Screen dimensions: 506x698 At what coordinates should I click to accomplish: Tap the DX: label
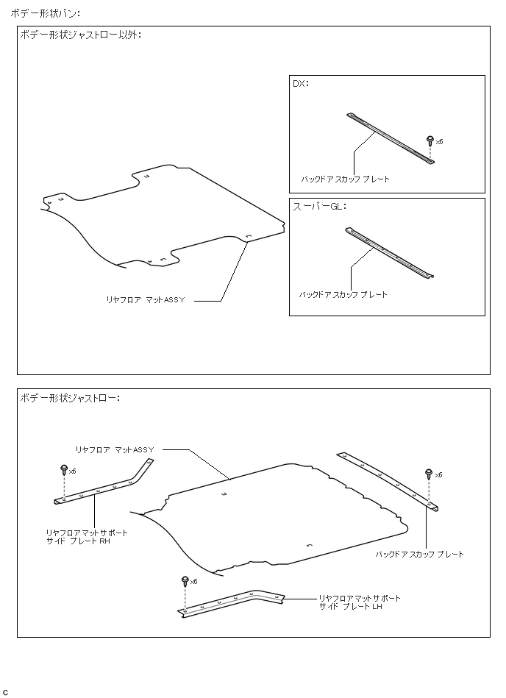click(301, 84)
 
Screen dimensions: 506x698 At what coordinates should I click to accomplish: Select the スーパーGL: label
click(319, 207)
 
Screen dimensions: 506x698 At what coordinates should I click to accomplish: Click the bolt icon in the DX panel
click(430, 140)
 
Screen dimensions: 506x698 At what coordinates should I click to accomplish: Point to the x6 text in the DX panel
click(439, 141)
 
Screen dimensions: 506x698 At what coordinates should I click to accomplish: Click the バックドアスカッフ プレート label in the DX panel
click(346, 179)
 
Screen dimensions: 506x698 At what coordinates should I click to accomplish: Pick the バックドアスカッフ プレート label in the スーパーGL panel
click(343, 294)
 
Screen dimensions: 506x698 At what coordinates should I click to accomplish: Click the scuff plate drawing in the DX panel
click(390, 139)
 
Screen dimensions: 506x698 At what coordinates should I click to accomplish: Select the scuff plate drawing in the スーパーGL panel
click(389, 252)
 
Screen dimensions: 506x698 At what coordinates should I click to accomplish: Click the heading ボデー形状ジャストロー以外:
click(82, 35)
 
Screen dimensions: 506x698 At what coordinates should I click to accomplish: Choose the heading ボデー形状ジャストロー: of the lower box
click(71, 398)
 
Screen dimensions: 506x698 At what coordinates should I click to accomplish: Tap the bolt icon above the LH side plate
click(185, 581)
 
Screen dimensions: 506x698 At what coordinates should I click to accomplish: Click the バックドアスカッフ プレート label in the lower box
click(420, 554)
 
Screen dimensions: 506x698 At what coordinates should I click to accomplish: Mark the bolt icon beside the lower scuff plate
click(430, 473)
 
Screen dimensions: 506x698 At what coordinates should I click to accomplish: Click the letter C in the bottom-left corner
click(6, 692)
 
